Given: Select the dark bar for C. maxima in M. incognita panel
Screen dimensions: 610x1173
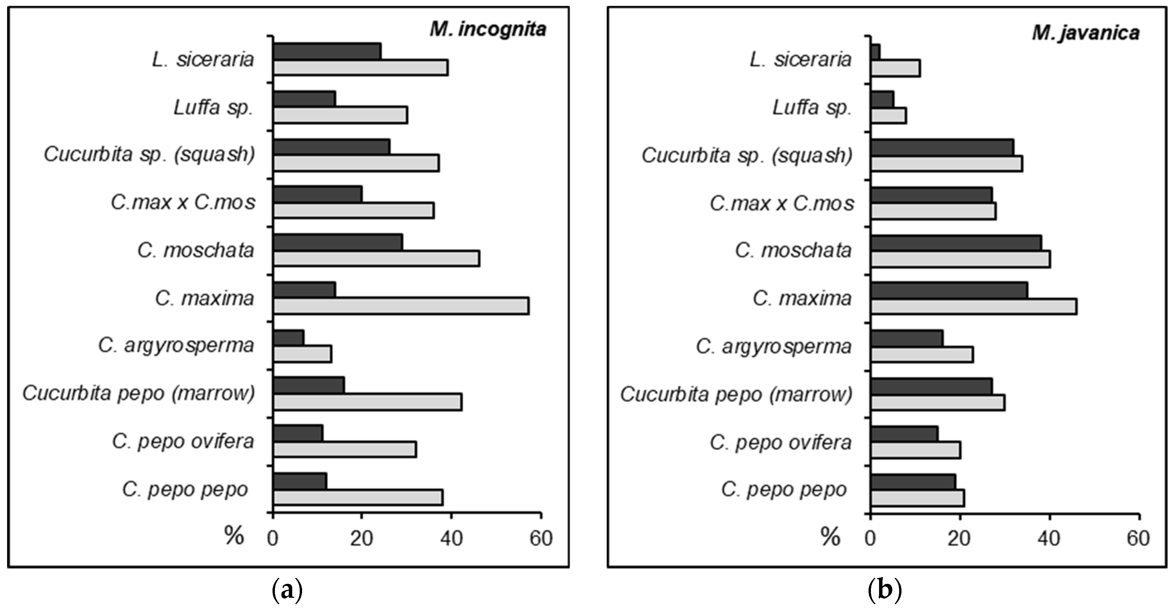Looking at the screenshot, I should tap(304, 289).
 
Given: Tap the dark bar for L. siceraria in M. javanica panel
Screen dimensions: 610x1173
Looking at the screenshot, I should tap(875, 51).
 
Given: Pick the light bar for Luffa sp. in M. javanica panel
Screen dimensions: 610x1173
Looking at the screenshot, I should tap(888, 115).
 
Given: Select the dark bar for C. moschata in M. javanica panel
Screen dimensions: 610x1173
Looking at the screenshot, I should tap(956, 243).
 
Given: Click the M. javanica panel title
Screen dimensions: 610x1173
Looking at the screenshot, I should tap(1086, 33).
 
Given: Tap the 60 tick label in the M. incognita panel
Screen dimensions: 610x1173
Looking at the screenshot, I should tap(541, 539).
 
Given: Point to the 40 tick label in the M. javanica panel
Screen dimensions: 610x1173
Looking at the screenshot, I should tap(1049, 539).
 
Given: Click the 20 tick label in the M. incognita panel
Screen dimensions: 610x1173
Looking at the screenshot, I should tap(362, 539).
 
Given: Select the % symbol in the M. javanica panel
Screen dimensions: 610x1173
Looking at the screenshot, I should tap(830, 537).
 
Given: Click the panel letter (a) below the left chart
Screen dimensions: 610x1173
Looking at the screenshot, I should tap(287, 591).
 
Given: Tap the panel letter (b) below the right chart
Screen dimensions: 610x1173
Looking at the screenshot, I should tap(885, 591).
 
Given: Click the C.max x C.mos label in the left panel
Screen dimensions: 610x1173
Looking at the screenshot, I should tap(183, 202).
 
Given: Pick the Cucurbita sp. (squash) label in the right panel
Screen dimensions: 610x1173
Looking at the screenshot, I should tap(747, 155).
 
